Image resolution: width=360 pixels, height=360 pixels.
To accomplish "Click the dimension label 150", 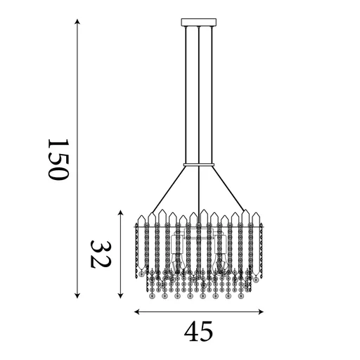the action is (x=58, y=160).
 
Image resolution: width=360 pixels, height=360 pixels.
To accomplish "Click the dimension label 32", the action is (x=101, y=254).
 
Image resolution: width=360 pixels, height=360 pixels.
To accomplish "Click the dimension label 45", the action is (x=198, y=331).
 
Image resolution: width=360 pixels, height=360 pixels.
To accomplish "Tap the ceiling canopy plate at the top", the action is (x=199, y=22).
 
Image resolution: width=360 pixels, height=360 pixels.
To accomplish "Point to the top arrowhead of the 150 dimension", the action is (x=77, y=22).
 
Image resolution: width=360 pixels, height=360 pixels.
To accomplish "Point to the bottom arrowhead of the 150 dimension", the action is (x=77, y=296).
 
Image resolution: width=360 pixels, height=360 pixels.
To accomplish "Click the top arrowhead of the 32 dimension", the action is (x=120, y=212).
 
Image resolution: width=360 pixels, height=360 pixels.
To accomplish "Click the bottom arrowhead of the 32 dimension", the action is (x=120, y=296).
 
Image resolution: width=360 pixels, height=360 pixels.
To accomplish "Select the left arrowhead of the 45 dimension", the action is (x=137, y=312).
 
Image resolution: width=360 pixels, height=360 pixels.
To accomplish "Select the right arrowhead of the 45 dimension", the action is (x=261, y=312).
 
